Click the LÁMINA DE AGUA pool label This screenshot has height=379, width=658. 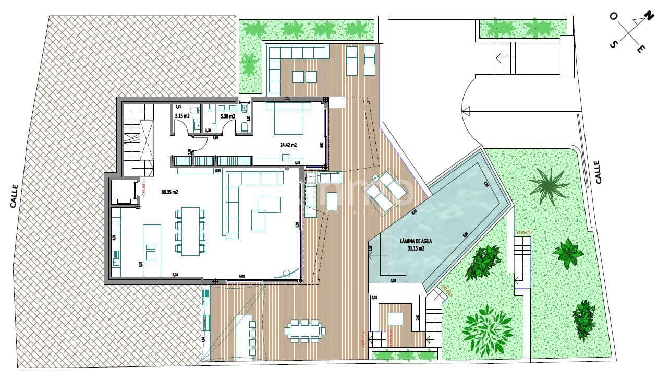click(416, 241)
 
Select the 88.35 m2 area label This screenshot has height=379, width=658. click(169, 192)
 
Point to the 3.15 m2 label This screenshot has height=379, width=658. click(181, 116)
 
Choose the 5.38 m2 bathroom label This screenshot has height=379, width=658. click(228, 116)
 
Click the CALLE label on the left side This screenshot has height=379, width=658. click(14, 196)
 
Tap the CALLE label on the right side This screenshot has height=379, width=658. click(598, 172)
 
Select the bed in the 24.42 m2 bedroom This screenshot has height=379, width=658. click(286, 117)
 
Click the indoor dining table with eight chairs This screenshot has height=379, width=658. click(190, 231)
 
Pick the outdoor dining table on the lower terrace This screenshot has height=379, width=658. click(305, 330)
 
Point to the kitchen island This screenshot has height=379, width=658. click(151, 243)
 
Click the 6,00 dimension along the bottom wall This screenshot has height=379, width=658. click(241, 276)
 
